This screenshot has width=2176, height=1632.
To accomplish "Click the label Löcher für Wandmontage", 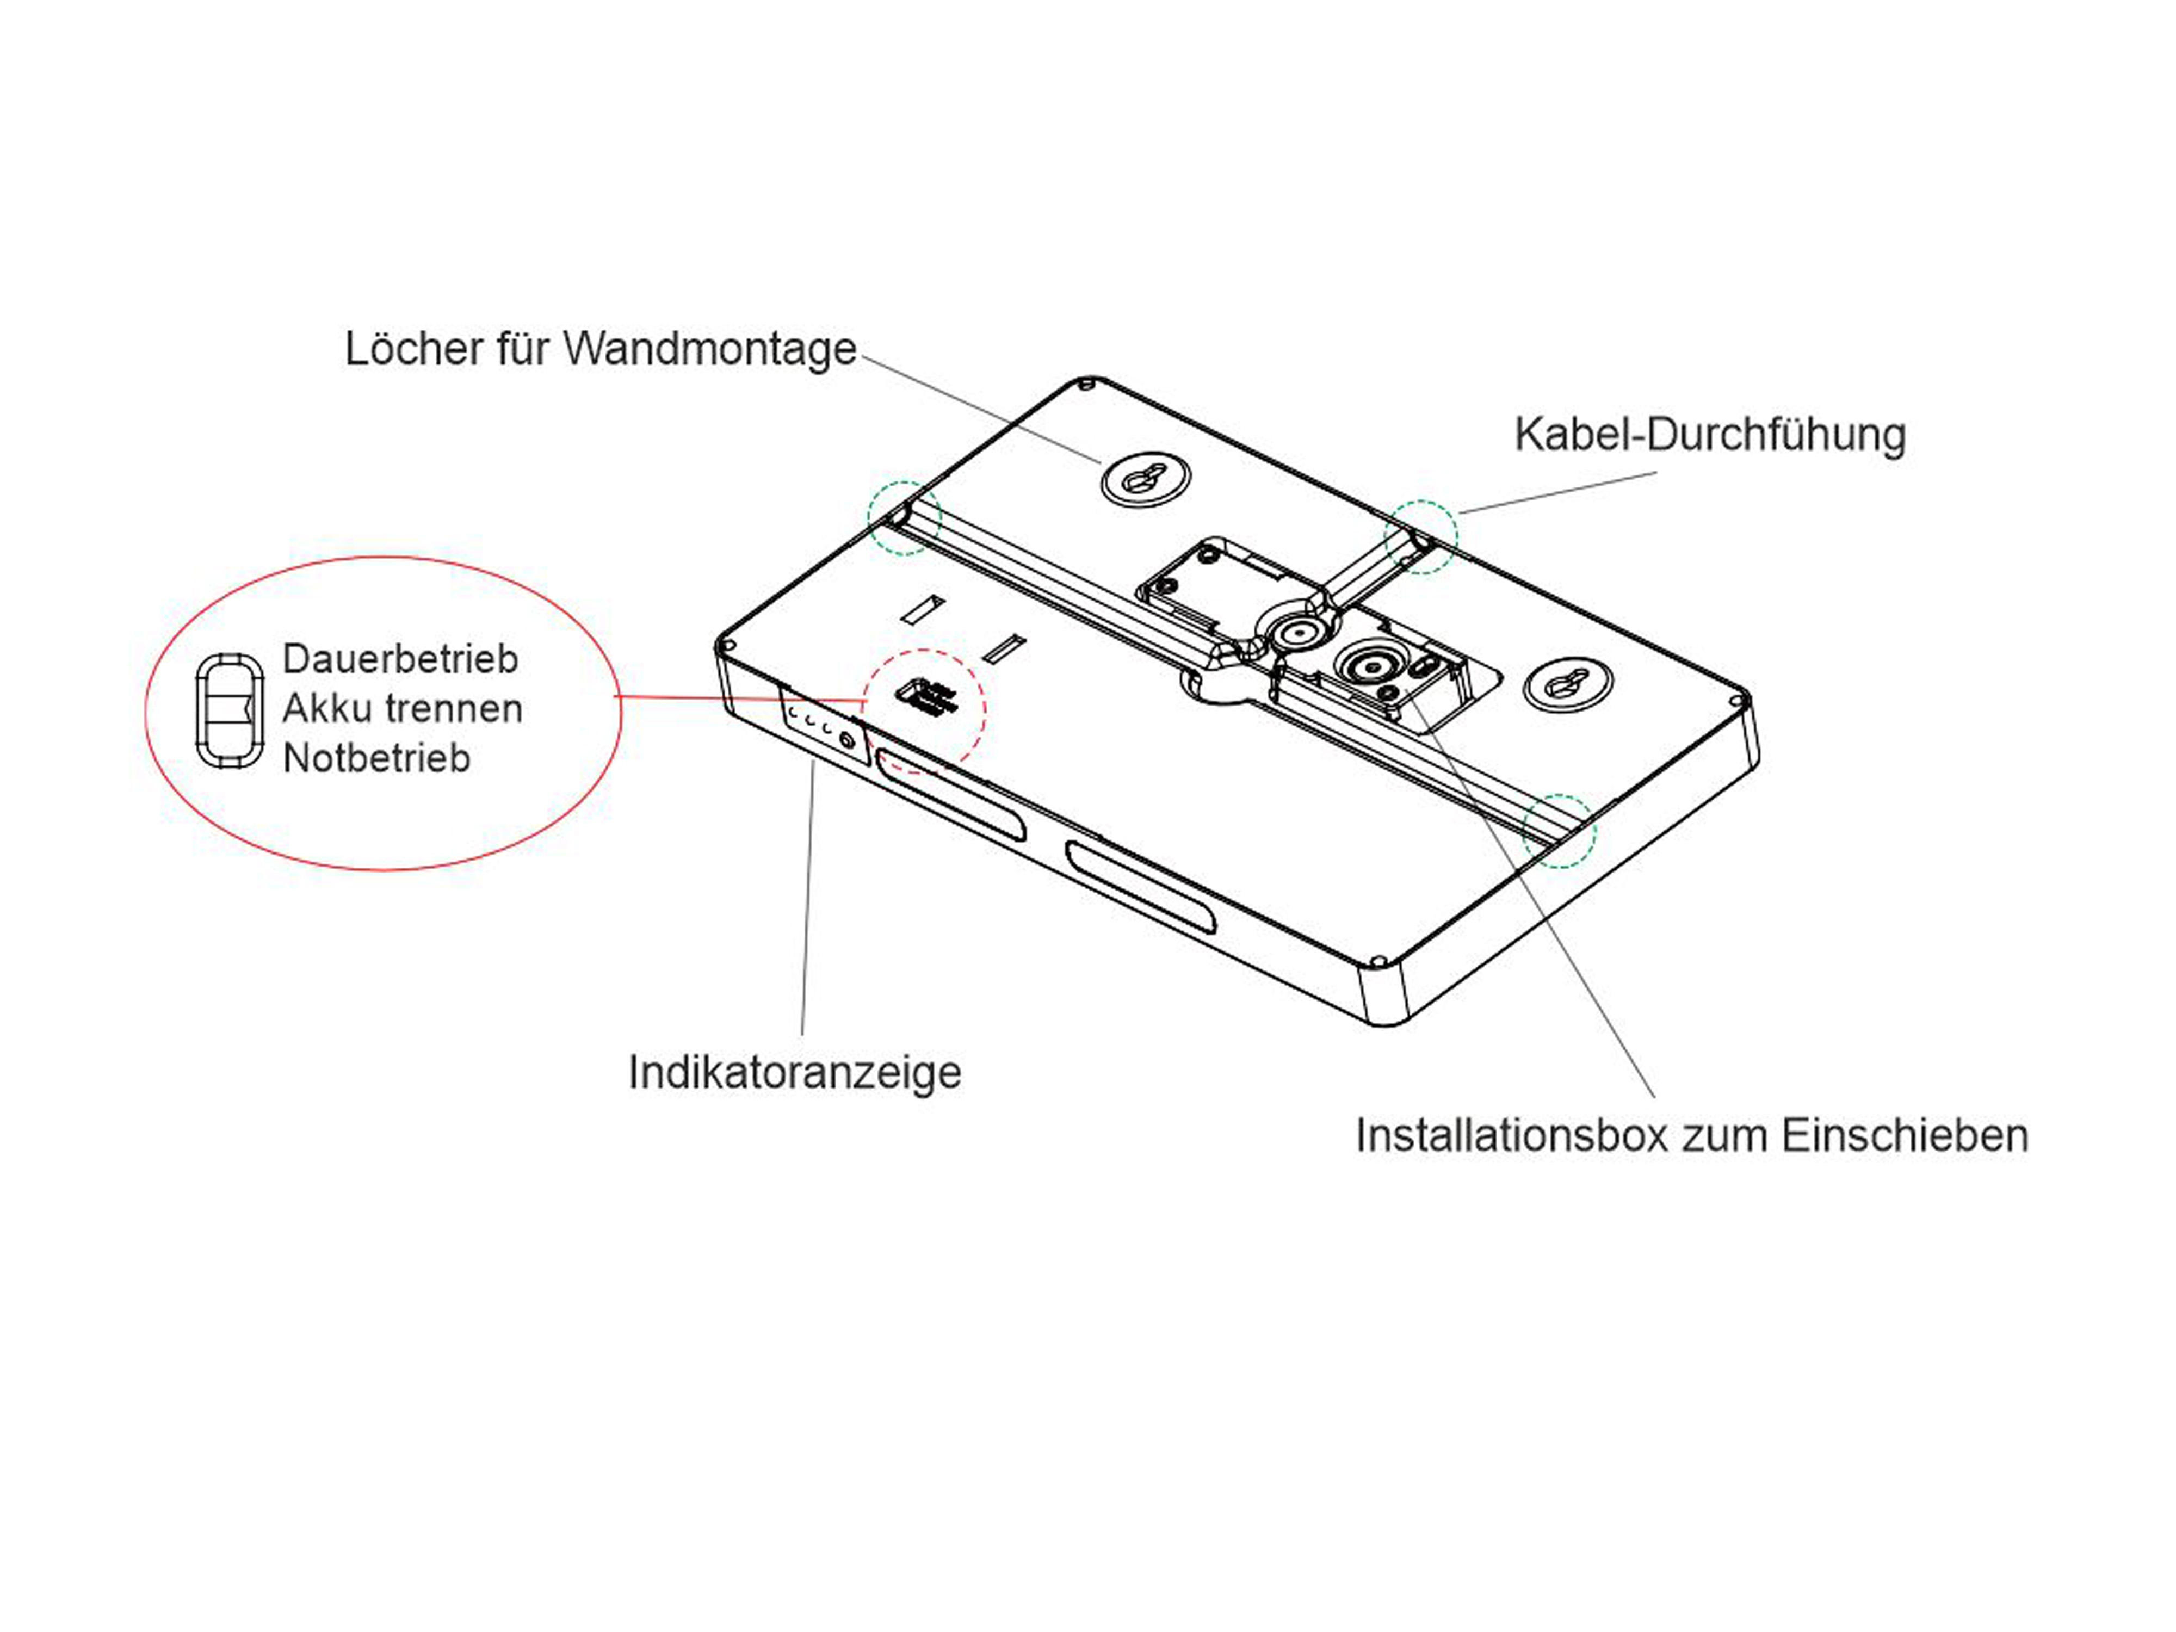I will click(x=600, y=349).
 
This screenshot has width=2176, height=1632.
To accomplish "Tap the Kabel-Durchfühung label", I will click(x=1710, y=435).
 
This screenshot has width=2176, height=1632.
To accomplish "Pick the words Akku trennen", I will click(x=403, y=708).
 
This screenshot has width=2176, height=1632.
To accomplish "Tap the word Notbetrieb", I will click(x=377, y=758).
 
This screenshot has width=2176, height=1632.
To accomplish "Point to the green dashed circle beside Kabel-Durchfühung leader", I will click(x=1420, y=537).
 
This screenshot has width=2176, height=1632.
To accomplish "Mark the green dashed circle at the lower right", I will click(x=1559, y=831).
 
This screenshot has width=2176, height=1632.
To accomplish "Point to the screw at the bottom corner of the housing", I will click(x=1378, y=961).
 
